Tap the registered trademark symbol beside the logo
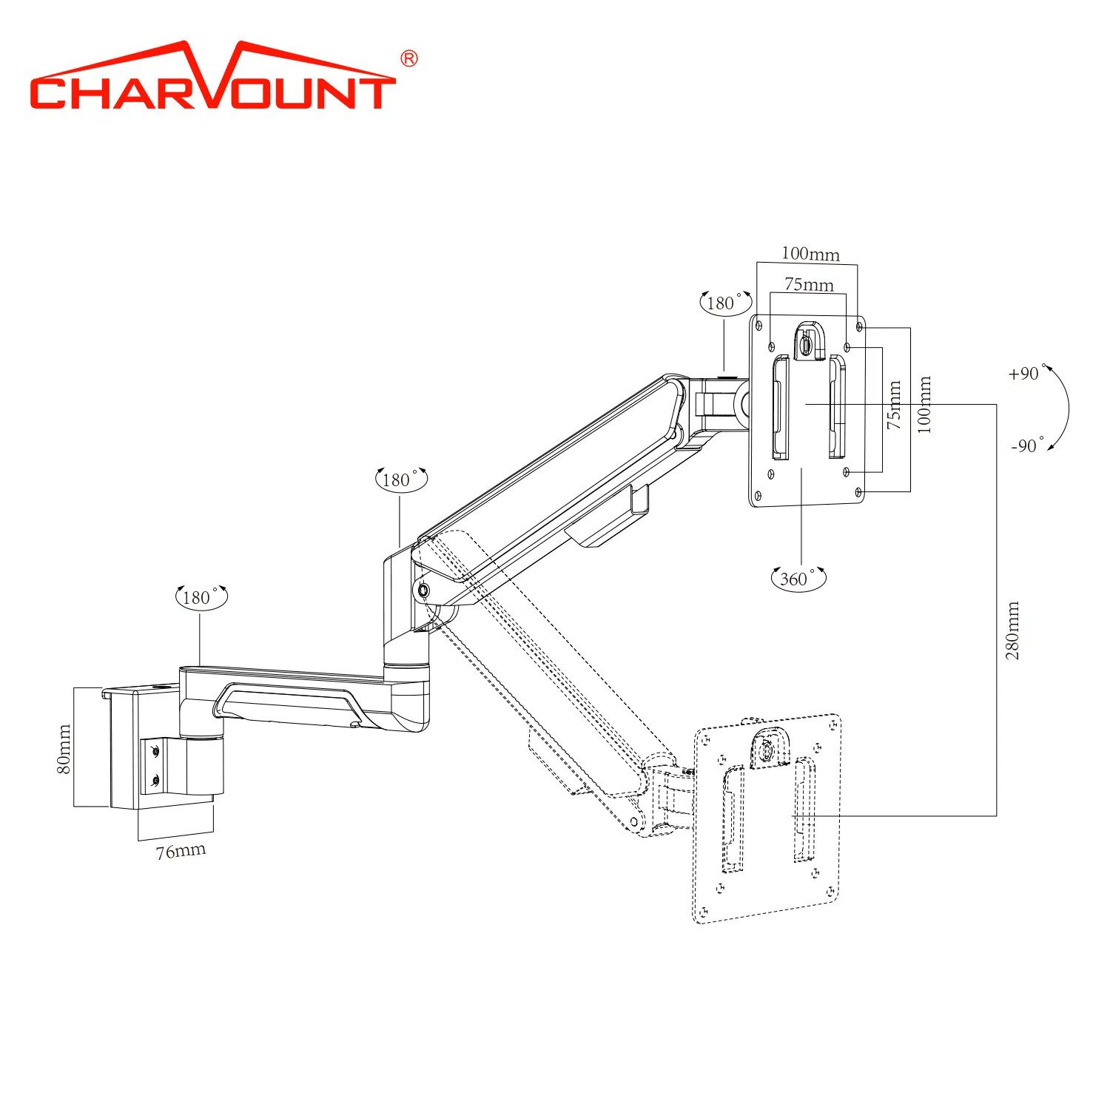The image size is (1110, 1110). point(408,58)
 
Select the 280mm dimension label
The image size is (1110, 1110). point(1012,630)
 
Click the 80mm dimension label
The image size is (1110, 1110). point(64,749)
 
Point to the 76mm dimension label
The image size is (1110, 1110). point(181,851)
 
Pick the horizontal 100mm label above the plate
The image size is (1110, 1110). point(810,254)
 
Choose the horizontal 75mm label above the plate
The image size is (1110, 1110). point(809,285)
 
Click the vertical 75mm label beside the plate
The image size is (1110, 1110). point(894,405)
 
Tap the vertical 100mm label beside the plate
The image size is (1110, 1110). point(924,405)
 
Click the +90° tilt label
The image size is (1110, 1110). point(1025,374)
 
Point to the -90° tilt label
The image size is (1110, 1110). point(1026,445)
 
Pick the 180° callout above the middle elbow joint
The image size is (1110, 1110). point(400,480)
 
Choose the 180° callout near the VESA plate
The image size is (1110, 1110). point(724,303)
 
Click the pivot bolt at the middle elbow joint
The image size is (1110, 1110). point(423,591)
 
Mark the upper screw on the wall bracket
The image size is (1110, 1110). point(155,752)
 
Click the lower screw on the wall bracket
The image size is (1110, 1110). point(155,779)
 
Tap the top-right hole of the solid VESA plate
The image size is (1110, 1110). point(858,326)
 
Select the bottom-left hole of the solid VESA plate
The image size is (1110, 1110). point(757,496)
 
